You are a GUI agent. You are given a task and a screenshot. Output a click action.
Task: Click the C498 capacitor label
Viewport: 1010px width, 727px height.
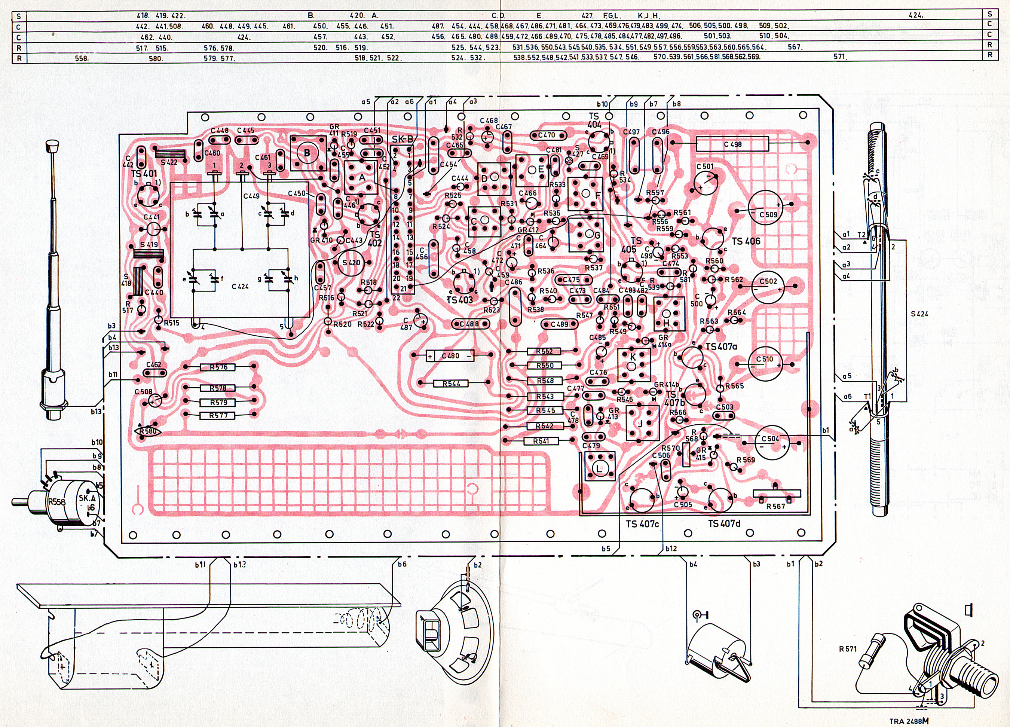tap(732, 144)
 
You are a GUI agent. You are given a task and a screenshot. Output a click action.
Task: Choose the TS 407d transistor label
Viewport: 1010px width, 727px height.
tap(724, 524)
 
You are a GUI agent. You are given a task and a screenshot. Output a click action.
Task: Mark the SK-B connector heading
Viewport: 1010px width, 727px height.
tap(403, 139)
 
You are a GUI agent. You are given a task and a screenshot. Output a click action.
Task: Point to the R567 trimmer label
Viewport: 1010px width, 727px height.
tap(775, 506)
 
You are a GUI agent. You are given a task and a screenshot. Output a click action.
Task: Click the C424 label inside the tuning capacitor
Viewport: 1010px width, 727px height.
tap(240, 287)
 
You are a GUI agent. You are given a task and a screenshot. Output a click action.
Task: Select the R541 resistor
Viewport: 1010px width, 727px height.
tap(541, 441)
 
